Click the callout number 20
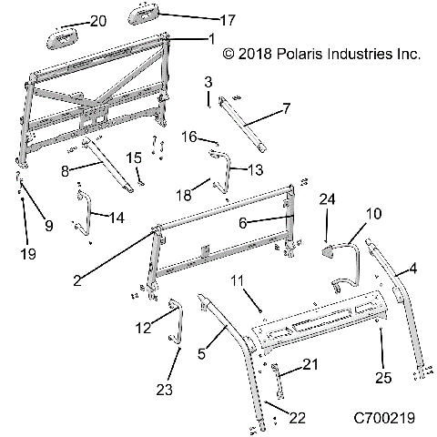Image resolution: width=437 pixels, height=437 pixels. pyautogui.click(x=98, y=20)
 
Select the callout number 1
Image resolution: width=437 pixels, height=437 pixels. pyautogui.click(x=211, y=39)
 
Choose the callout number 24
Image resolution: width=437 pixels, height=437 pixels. pyautogui.click(x=327, y=198)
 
